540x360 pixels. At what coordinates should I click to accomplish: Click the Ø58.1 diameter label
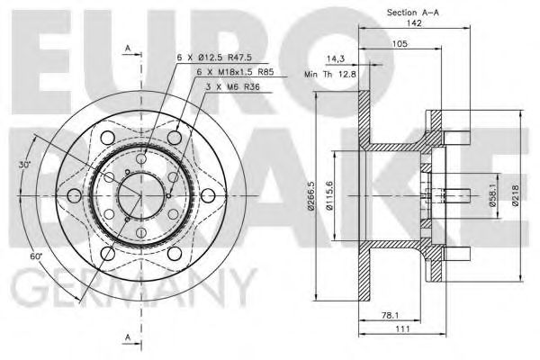point(493,195)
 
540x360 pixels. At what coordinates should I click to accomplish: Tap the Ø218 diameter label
point(515,195)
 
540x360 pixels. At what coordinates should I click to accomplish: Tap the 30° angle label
point(24,165)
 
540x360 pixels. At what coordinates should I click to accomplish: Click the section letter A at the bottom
point(129,337)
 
